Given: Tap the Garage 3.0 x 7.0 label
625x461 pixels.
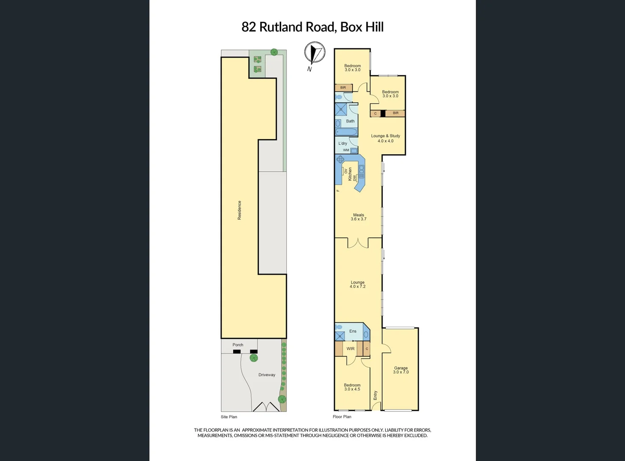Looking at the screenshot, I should click(401, 370).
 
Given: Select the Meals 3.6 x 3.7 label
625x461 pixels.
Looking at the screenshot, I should click(358, 217).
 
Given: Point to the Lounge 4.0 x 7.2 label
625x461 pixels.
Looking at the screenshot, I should click(358, 284).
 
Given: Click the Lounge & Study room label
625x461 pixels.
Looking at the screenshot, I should click(385, 138).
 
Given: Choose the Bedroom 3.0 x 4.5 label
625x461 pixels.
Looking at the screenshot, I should click(352, 387).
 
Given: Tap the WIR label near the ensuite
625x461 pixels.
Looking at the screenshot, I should click(350, 349).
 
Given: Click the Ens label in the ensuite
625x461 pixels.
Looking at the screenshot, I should click(352, 331).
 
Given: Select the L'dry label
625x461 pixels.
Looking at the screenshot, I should click(343, 143).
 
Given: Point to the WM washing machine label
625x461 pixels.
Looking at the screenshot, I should click(346, 150).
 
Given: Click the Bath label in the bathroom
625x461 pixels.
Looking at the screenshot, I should click(350, 121).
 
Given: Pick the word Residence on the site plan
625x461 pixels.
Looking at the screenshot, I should click(239, 210).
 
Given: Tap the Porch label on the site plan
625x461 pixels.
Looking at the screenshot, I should click(238, 345).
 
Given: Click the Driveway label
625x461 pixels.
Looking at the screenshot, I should click(267, 375).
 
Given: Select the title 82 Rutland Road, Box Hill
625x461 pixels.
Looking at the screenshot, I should click(312, 27).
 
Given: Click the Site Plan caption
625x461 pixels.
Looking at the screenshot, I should click(229, 417).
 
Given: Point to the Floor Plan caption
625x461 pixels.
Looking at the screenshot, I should click(342, 417).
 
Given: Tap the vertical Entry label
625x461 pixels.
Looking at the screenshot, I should click(376, 395).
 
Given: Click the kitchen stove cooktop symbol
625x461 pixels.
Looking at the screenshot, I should click(340, 160).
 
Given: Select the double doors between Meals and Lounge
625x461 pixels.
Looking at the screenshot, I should click(358, 242).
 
